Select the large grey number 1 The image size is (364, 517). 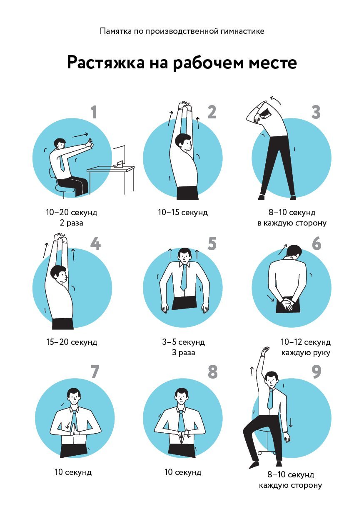tap(93, 112)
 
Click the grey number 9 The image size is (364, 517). tap(316, 371)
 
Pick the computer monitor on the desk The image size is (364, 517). tap(119, 156)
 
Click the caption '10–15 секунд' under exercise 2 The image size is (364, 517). tap(182, 212)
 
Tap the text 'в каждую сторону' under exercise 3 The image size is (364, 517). tap(292, 223)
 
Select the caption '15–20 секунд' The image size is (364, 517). tap(72, 342)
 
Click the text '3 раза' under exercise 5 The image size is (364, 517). tap(184, 353)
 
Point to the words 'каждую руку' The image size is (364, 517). tap(306, 353)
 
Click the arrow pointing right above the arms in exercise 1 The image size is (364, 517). tap(80, 135)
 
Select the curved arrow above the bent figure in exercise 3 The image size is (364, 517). tap(275, 100)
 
